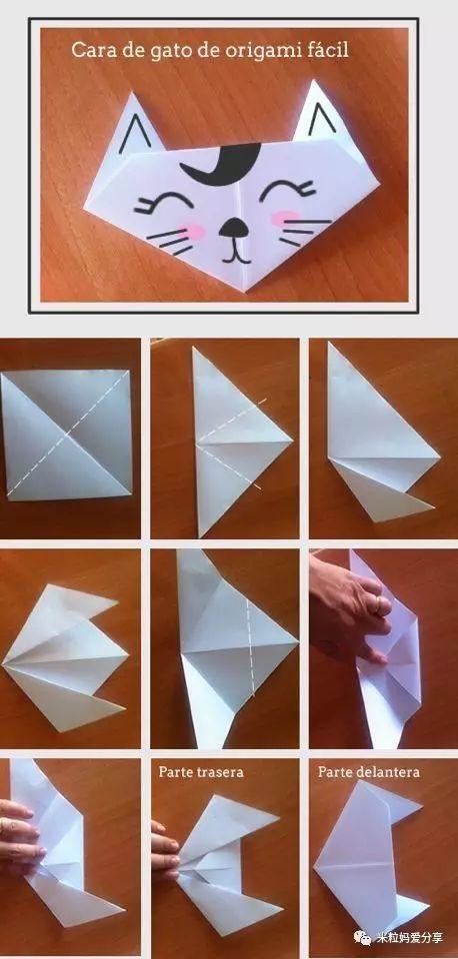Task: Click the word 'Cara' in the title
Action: (89, 50)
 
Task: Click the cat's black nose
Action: (233, 228)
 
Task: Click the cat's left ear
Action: (138, 126)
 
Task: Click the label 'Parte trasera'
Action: (201, 772)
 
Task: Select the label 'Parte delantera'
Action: (369, 772)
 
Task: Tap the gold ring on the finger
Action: (380, 605)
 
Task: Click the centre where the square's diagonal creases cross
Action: (66, 435)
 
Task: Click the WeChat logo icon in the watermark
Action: (363, 937)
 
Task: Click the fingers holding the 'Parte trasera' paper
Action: (165, 851)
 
